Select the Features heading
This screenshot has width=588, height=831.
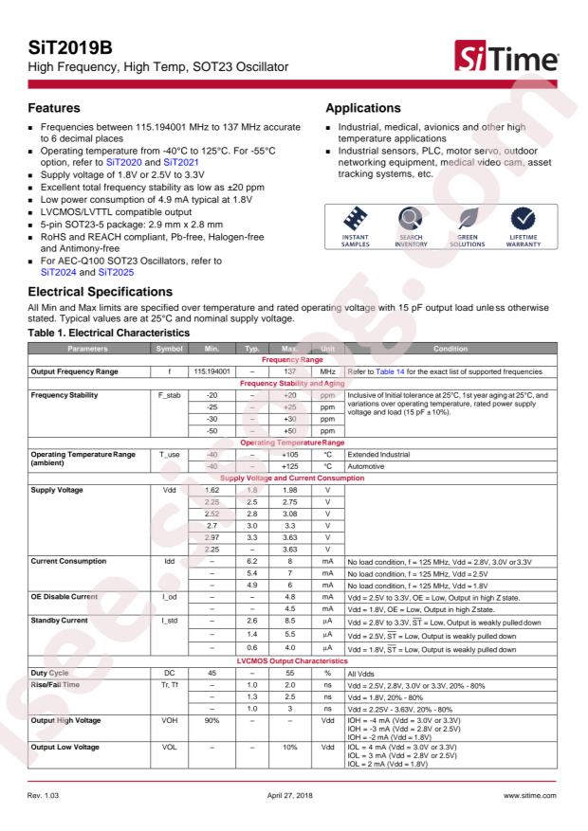point(53,109)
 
